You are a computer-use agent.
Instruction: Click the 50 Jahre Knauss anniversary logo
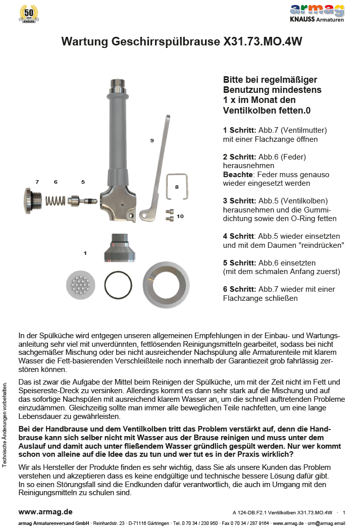(29, 14)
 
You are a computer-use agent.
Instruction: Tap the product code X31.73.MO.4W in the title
(263, 42)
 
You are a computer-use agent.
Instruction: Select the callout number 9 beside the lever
(151, 141)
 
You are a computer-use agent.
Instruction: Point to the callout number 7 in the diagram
(37, 181)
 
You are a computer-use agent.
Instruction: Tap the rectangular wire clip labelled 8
(177, 187)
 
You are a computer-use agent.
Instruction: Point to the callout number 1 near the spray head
(85, 252)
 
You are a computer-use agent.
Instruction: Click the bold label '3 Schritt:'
(240, 200)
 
